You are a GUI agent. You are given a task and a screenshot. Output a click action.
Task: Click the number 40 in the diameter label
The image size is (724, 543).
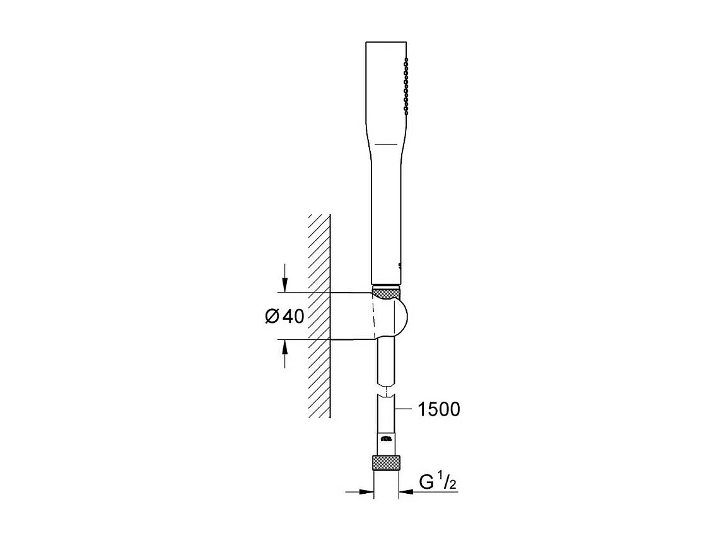point(293,317)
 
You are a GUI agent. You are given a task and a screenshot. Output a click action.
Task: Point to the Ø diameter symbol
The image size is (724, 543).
point(271,317)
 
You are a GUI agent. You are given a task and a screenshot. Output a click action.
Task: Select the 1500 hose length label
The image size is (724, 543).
point(439,410)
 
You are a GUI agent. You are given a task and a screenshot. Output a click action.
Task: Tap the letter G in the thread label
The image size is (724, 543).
point(426,483)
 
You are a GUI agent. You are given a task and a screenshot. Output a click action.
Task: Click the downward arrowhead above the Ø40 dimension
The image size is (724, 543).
point(285,286)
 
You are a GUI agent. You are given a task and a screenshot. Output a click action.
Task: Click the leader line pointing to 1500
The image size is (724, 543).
point(403,410)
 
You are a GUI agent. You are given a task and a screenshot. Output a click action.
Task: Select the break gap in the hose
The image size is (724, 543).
point(386,391)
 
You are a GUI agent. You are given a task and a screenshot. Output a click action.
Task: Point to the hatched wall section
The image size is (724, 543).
point(320,315)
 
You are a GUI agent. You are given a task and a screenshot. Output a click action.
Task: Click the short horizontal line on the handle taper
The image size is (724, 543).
point(386,144)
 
